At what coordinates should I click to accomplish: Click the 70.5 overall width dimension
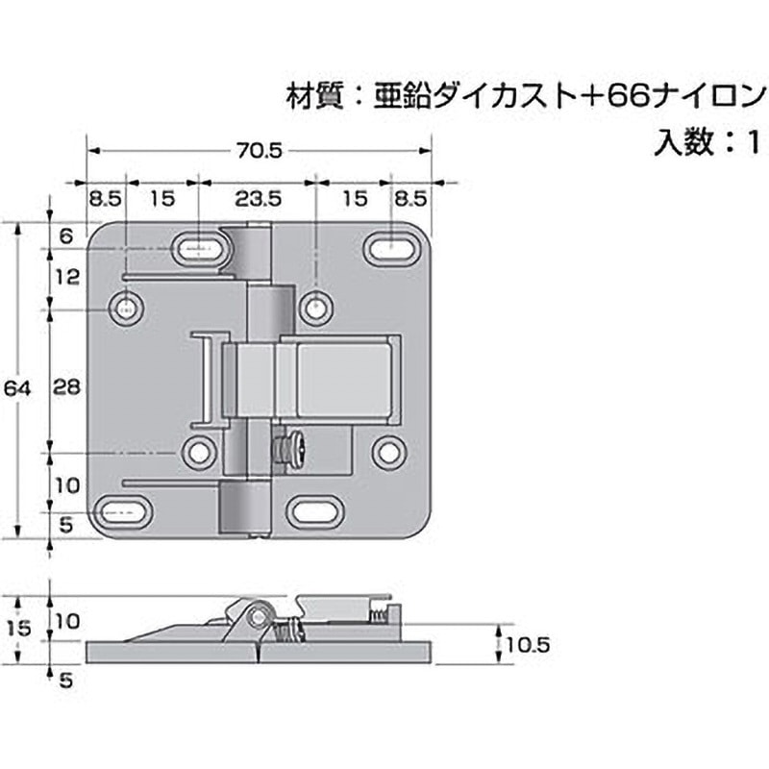258,150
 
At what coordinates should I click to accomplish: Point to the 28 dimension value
67,386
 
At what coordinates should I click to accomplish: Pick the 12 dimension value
67,277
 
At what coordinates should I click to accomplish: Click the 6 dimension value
66,235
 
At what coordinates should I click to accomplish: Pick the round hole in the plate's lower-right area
388,450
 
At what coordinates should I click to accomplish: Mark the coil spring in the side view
287,632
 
